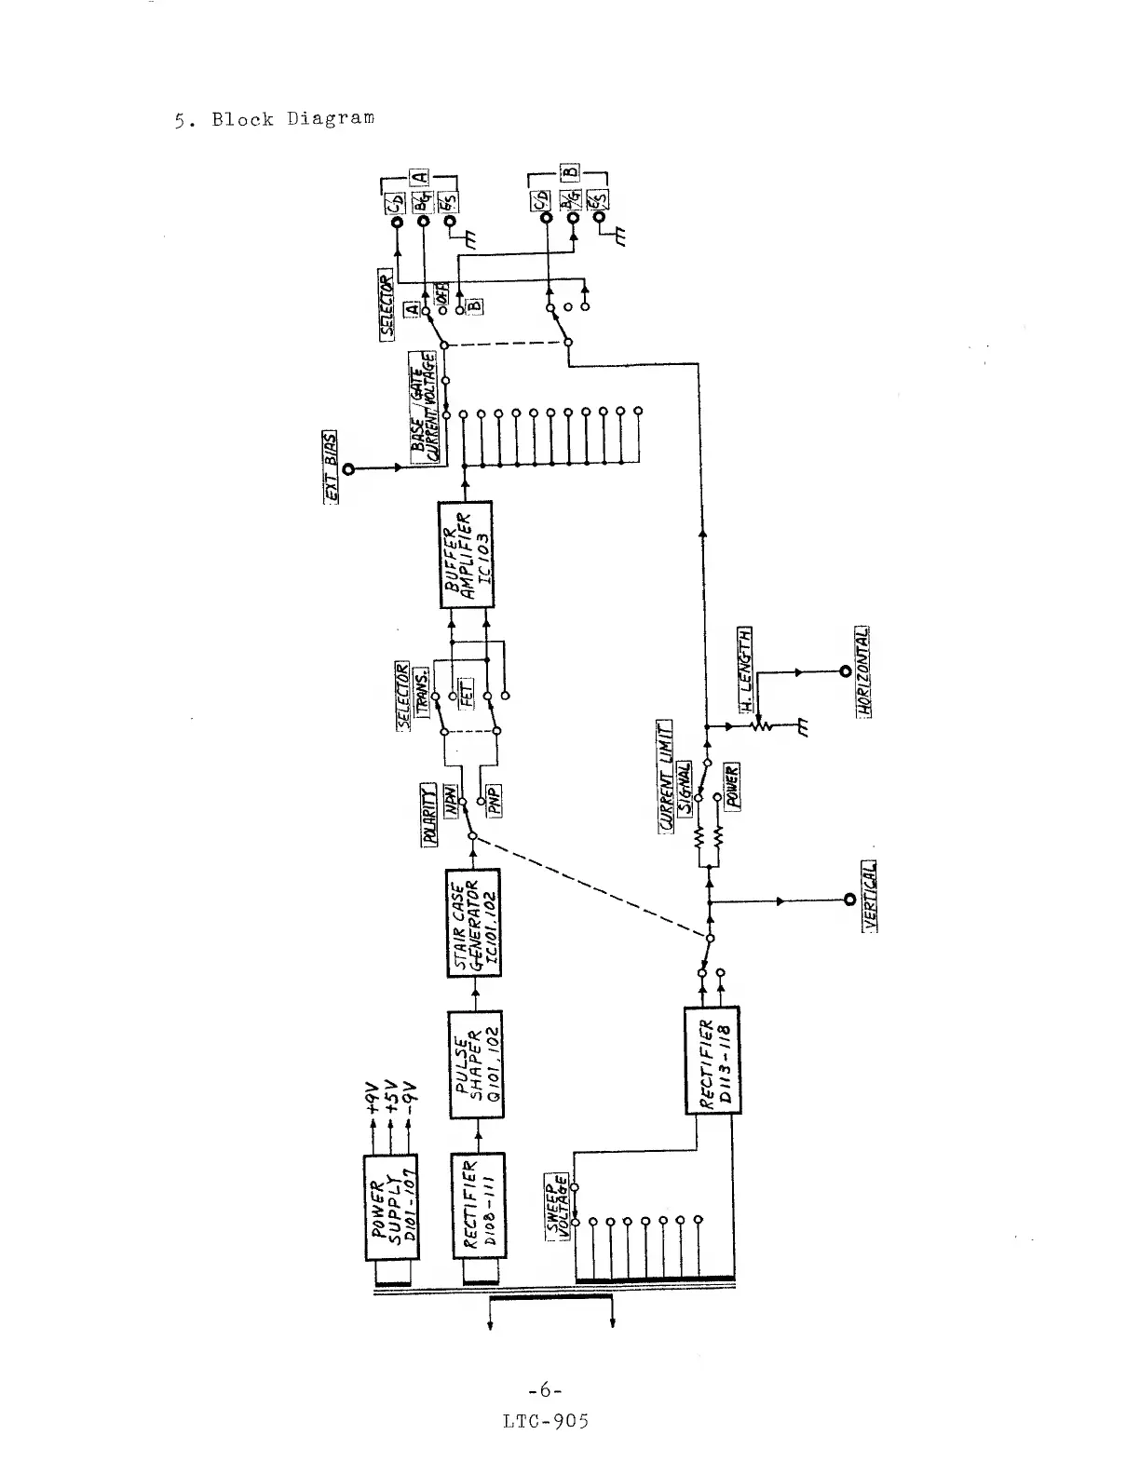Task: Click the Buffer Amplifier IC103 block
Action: (x=465, y=555)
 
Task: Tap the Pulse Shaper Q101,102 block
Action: (x=476, y=1064)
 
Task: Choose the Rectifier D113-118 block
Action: (x=712, y=1060)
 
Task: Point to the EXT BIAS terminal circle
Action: (x=349, y=468)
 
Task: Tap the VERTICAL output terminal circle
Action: (x=848, y=900)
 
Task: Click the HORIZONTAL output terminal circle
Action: (x=845, y=670)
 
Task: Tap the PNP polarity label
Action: (x=495, y=799)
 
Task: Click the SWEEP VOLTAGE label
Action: (x=557, y=1205)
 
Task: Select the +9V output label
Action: (x=373, y=1099)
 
